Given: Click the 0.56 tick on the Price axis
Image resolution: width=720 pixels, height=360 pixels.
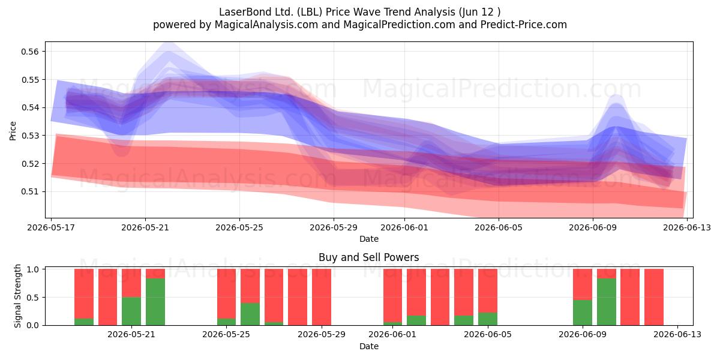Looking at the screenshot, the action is coord(30,52).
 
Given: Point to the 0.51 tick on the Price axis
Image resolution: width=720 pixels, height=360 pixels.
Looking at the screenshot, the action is coord(30,191).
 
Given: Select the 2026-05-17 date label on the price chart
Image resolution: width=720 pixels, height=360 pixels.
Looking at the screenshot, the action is coord(51,227).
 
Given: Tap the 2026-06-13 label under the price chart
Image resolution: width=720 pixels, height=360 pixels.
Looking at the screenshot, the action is coord(687,227).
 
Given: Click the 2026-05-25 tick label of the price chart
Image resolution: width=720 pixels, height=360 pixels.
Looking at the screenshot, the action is coord(239,227).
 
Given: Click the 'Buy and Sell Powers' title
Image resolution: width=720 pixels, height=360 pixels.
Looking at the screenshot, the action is coord(368,257).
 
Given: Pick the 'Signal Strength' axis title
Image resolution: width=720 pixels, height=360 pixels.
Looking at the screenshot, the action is coord(17,296).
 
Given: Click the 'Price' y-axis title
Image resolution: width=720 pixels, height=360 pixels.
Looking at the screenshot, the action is coord(13,131).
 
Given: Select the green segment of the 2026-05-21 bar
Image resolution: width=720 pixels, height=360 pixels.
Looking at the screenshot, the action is coord(131,311).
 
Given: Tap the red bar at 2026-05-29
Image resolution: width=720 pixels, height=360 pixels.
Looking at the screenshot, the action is coord(322,297).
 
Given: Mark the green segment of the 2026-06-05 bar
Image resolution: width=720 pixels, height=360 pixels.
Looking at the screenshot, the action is coord(488,319).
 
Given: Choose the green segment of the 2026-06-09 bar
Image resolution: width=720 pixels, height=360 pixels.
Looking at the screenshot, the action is coord(583,313).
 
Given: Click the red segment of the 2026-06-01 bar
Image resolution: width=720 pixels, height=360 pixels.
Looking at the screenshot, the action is coord(392,295).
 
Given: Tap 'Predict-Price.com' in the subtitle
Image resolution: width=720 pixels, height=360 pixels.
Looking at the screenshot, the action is coord(524,25).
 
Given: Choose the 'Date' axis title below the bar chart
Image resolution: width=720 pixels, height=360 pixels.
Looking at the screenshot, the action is coord(368,346).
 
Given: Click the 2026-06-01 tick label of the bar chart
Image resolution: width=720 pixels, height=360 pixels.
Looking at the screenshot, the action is coord(392,334).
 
